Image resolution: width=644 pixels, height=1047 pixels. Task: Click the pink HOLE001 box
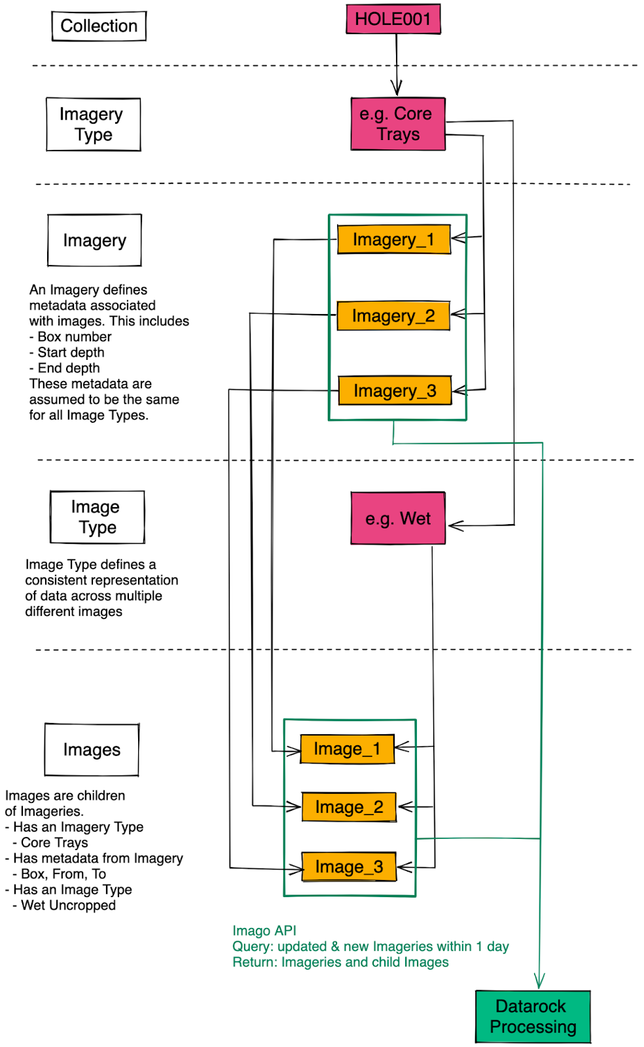coord(393,19)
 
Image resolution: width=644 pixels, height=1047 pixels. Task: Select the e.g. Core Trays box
coord(398,124)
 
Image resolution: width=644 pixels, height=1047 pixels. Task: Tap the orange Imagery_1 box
coord(393,240)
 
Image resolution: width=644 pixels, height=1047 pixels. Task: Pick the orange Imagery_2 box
coord(393,316)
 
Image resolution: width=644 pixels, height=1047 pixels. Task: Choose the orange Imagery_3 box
coord(395,391)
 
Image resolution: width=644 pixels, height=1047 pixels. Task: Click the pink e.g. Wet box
coord(398,519)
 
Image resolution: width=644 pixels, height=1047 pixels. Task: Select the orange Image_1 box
coord(347,749)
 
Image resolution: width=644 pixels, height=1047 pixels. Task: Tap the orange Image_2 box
coord(349,807)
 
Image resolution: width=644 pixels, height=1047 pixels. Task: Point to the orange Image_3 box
coord(349,867)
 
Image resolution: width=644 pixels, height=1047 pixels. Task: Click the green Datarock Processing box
coord(533,1016)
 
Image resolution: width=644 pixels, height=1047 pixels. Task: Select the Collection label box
coord(99,26)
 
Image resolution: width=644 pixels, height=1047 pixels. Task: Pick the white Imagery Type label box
coord(93,124)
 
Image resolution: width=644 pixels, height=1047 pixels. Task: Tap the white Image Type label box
coord(97,517)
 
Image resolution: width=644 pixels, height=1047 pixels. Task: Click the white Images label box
coord(92,750)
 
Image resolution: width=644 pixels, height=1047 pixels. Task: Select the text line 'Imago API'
coord(264,931)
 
